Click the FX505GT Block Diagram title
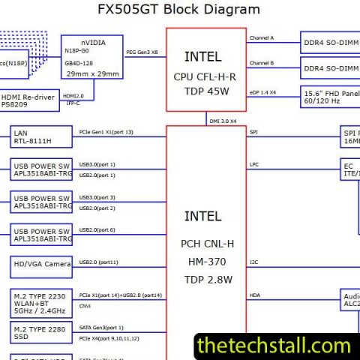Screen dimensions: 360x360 click(x=179, y=10)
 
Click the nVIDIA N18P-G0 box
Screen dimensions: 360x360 click(x=93, y=57)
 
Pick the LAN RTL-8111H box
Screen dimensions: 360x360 click(x=41, y=137)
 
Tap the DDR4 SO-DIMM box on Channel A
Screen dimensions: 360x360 click(x=330, y=41)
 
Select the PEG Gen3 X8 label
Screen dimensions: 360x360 click(x=142, y=52)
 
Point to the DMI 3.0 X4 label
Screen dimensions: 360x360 click(x=222, y=120)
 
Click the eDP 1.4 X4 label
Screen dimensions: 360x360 click(x=263, y=91)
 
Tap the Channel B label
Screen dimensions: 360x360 click(x=262, y=63)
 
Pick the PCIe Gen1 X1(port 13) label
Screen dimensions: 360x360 click(x=106, y=132)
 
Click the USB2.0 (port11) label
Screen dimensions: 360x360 click(x=98, y=262)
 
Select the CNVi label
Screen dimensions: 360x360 click(x=86, y=306)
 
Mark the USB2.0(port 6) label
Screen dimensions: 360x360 click(x=97, y=229)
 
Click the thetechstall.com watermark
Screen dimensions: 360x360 click(x=273, y=346)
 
